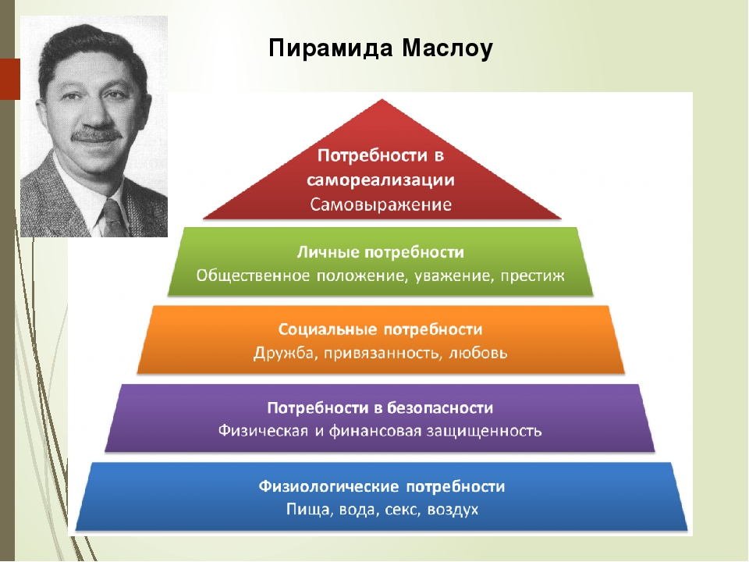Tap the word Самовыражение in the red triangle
click(382, 206)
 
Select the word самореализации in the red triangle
click(382, 180)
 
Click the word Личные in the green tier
click(324, 253)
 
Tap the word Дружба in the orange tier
click(280, 353)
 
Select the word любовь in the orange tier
click(479, 353)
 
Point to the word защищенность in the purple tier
click(488, 430)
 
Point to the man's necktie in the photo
click(113, 218)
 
